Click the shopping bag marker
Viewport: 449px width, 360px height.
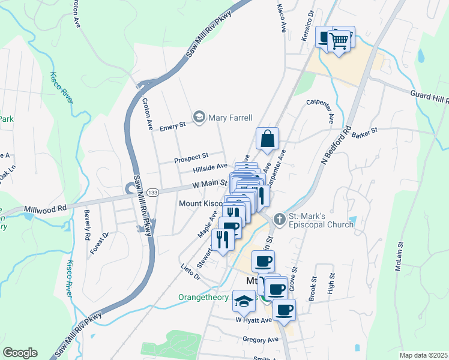point(267,139)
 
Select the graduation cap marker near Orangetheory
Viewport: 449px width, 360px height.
point(244,302)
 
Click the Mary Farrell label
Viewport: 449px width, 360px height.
point(230,118)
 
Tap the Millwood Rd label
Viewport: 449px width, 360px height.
point(45,209)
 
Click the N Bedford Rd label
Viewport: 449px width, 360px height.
point(336,146)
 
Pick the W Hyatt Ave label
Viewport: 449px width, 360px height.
point(254,320)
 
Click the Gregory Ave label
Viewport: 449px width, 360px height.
point(261,340)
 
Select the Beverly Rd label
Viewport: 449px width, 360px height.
point(87,221)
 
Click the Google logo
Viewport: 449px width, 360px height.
point(20,353)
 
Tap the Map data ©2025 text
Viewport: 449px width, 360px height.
point(423,355)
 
